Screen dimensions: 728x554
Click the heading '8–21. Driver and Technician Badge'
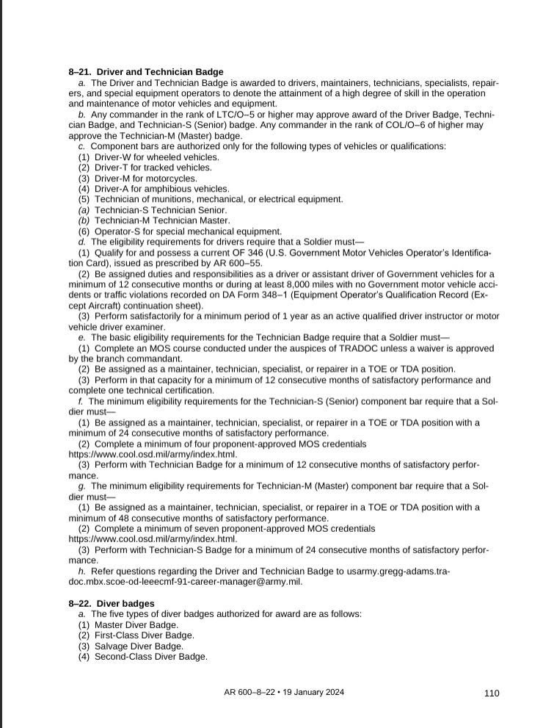coord(146,72)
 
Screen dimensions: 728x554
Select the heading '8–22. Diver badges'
coord(112,603)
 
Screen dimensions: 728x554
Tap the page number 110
coord(491,693)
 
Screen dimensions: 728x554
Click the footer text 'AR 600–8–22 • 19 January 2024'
coord(284,692)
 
